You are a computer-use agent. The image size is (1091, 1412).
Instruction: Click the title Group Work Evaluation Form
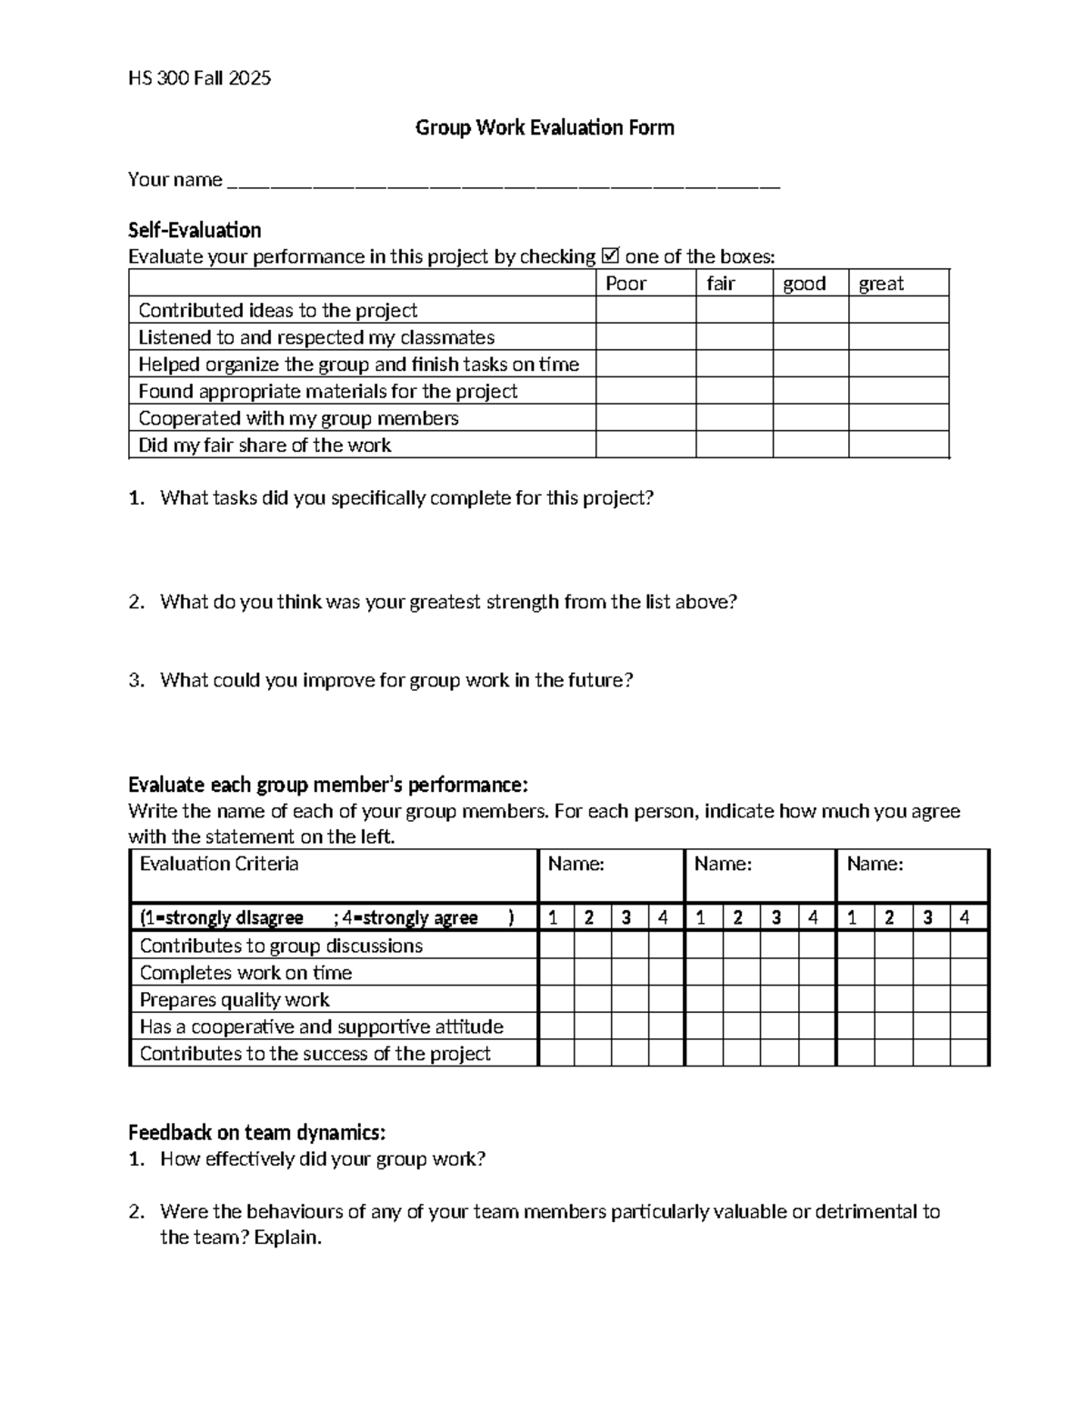[x=545, y=127]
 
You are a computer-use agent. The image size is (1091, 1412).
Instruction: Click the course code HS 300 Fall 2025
[x=199, y=78]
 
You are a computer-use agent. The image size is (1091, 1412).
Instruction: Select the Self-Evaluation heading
[x=195, y=230]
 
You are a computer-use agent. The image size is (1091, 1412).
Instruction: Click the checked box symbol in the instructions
[x=610, y=256]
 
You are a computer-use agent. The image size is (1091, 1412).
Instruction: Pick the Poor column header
[x=626, y=284]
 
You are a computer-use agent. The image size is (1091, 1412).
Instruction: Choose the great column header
[x=881, y=284]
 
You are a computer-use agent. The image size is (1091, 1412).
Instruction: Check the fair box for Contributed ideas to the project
[x=734, y=310]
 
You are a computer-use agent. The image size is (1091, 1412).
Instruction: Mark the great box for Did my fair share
[x=898, y=445]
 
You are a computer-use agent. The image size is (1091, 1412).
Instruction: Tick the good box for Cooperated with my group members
[x=810, y=418]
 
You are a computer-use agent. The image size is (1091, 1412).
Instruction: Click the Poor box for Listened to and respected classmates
[x=646, y=337]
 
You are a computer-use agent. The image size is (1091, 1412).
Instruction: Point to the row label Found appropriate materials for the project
[x=327, y=391]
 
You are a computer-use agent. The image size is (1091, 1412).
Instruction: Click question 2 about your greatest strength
[x=448, y=602]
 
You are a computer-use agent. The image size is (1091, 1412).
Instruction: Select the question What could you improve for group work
[x=395, y=680]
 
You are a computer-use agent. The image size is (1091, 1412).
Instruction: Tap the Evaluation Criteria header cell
[x=219, y=864]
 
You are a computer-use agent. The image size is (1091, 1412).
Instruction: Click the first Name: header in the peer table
[x=576, y=865]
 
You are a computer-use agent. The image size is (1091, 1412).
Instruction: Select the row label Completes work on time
[x=245, y=973]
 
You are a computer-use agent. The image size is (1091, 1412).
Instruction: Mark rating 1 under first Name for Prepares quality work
[x=556, y=999]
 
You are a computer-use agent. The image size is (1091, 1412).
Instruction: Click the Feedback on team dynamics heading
[x=256, y=1133]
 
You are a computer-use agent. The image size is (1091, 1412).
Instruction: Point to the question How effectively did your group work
[x=323, y=1159]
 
